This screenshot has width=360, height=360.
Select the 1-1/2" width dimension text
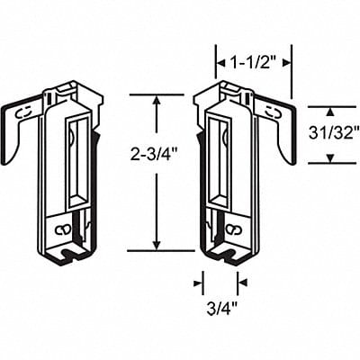pyautogui.click(x=253, y=63)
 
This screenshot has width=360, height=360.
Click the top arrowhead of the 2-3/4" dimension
pyautogui.click(x=157, y=100)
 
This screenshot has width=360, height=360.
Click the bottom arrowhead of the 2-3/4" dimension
pyautogui.click(x=157, y=245)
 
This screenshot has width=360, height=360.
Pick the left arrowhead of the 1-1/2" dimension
pyautogui.click(x=220, y=63)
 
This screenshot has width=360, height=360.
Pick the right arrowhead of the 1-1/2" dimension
pyautogui.click(x=286, y=63)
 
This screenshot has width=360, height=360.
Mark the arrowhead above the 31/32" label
pyautogui.click(x=329, y=112)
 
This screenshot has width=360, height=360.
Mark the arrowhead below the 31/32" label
pyautogui.click(x=329, y=158)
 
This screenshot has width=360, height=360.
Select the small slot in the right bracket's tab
pyautogui.click(x=274, y=111)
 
